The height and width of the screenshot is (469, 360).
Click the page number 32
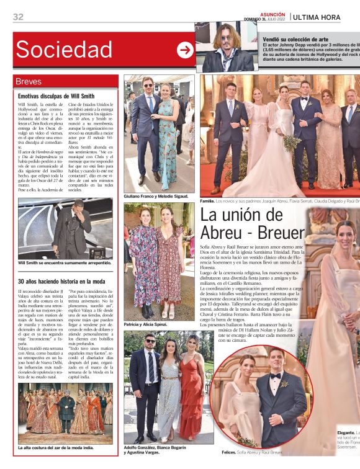tap(18, 17)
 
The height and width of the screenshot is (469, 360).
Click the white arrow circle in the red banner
tap(185, 50)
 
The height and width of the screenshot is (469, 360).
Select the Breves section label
tap(30, 82)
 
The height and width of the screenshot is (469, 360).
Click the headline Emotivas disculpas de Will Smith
tap(56, 97)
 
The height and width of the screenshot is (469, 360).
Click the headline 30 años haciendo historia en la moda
tap(61, 282)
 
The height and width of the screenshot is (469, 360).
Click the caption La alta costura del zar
tap(56, 447)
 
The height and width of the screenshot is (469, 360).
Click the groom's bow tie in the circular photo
tap(275, 377)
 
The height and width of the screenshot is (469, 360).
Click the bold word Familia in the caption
tap(207, 202)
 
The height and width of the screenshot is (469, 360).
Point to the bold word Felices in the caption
tap(230, 452)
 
